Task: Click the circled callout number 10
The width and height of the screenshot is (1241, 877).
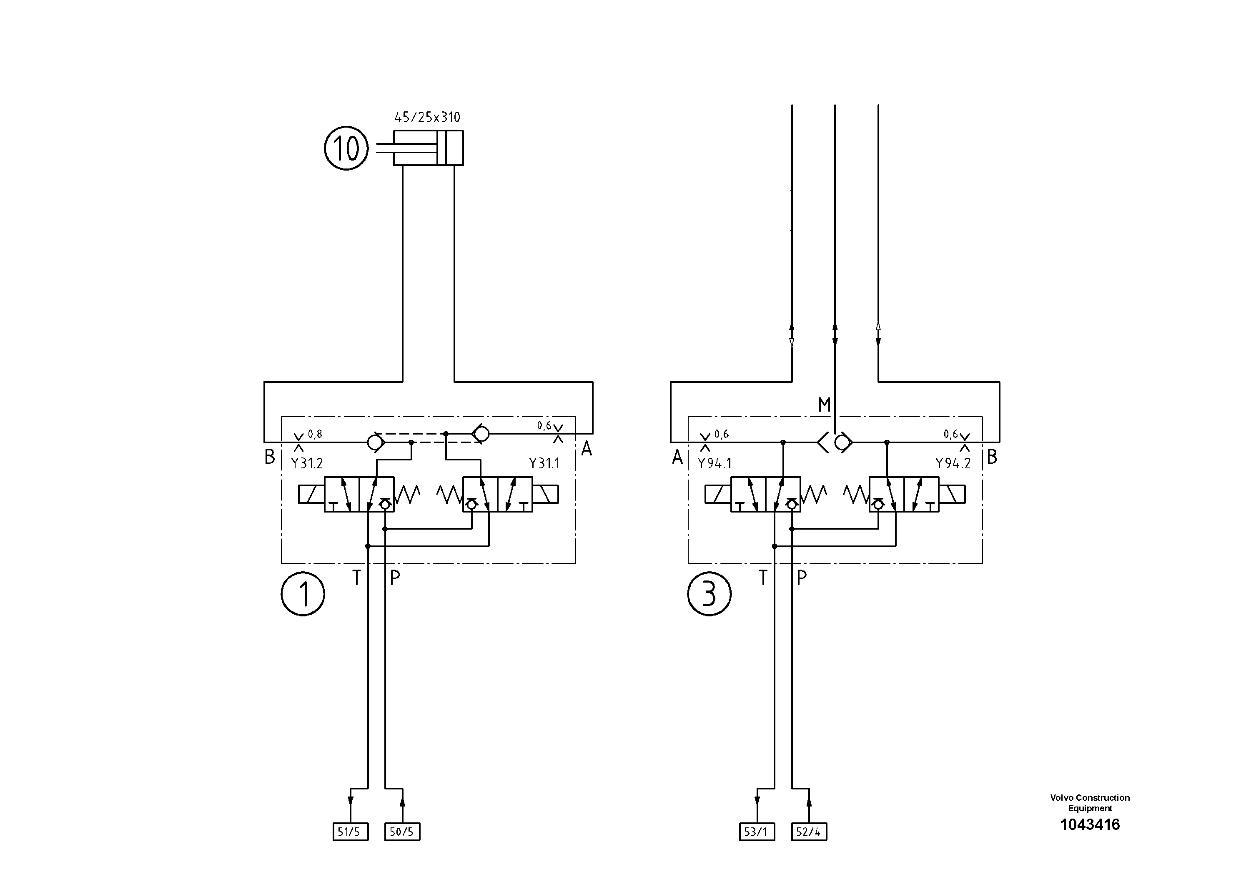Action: coord(346,148)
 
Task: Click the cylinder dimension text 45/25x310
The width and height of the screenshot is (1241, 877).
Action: coord(427,117)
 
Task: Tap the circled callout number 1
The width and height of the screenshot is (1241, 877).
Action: coord(303,594)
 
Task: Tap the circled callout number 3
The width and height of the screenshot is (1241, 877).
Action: coord(709,594)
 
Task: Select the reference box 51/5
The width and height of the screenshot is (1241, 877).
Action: coord(350,832)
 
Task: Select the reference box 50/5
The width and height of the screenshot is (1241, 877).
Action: coord(401,832)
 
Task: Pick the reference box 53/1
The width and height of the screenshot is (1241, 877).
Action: coord(756,832)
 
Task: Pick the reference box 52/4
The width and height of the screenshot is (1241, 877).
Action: coord(809,832)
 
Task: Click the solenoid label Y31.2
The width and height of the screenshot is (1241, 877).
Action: coord(306,464)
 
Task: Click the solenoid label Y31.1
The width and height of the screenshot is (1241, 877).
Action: coord(544,464)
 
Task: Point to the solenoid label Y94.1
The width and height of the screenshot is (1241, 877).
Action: coord(714,464)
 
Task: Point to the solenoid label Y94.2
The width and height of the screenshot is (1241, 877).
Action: coord(953,464)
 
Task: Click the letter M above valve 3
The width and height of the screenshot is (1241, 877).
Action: coord(824,405)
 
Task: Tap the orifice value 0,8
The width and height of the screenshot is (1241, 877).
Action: coord(315,434)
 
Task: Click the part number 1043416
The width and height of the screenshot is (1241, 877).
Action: coord(1090,824)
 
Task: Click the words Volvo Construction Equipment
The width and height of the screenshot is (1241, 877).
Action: coord(1090,803)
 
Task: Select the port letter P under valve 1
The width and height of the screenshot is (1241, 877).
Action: coord(395,578)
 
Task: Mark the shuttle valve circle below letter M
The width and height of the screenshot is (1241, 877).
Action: coord(841,443)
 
